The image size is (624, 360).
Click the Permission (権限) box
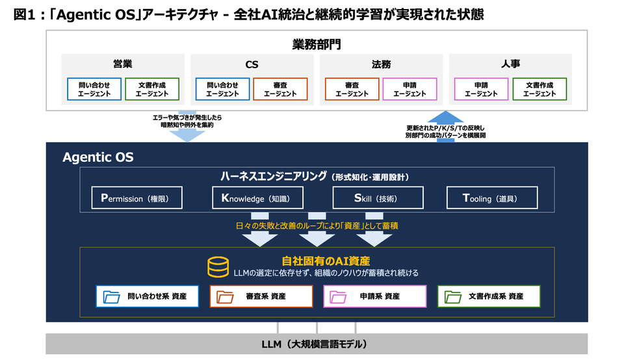pyautogui.click(x=137, y=198)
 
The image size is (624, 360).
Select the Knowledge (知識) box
pyautogui.click(x=257, y=198)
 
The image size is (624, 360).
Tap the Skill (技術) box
pyautogui.click(x=378, y=198)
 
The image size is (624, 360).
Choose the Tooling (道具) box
pyautogui.click(x=492, y=198)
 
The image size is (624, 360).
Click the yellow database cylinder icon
pyautogui.click(x=218, y=267)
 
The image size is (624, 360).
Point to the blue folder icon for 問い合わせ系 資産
pyautogui.click(x=111, y=297)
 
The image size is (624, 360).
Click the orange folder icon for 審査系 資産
pyautogui.click(x=225, y=297)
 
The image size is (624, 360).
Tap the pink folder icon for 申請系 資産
pyautogui.click(x=338, y=297)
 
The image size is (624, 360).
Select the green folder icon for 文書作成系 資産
pyautogui.click(x=453, y=297)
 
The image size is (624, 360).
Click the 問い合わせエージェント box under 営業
pyautogui.click(x=94, y=89)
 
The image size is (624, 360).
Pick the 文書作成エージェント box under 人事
pyautogui.click(x=539, y=89)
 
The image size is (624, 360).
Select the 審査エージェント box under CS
pyautogui.click(x=280, y=89)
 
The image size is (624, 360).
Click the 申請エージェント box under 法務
pyautogui.click(x=409, y=89)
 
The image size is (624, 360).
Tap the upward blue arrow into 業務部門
pyautogui.click(x=445, y=126)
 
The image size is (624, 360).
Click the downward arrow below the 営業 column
pyautogui.click(x=187, y=127)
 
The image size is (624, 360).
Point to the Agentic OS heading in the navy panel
pyautogui.click(x=98, y=157)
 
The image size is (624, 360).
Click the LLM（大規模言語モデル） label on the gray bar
pyautogui.click(x=315, y=344)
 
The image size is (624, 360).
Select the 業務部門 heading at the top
pyautogui.click(x=317, y=44)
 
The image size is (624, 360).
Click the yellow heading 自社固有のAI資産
pyautogui.click(x=326, y=261)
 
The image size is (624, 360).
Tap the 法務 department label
pyautogui.click(x=381, y=64)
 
